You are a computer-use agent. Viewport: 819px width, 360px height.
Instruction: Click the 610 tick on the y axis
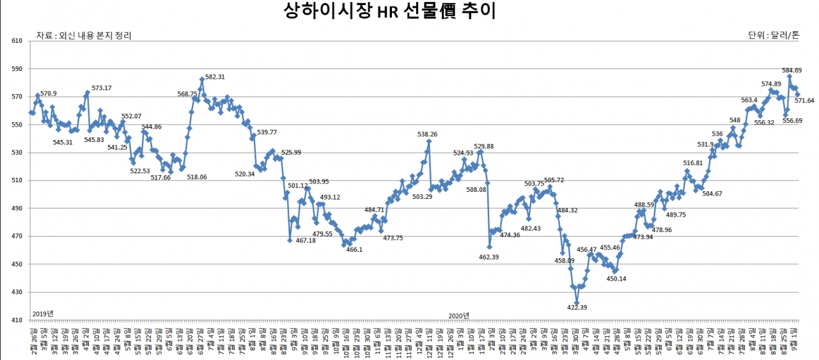tap(17, 41)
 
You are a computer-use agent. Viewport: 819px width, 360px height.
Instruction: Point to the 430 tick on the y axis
tap(17, 292)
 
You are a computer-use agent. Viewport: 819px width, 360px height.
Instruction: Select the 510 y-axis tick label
tap(17, 180)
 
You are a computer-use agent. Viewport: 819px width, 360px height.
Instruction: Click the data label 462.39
tap(488, 256)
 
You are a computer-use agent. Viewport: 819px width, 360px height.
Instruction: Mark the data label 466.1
tap(354, 249)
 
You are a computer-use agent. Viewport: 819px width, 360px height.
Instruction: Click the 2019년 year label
tap(43, 313)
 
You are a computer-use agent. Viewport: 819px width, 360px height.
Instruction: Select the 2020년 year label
tap(458, 315)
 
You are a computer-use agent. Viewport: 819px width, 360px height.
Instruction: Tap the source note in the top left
tap(84, 36)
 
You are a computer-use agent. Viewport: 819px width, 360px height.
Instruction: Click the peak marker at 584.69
tap(790, 76)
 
